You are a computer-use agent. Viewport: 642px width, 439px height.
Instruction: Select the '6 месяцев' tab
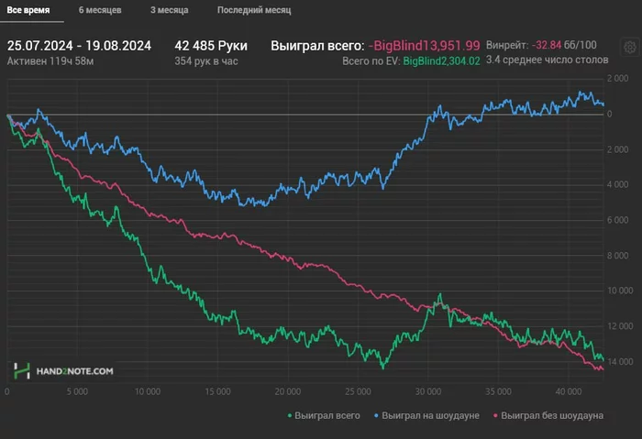pyautogui.click(x=100, y=11)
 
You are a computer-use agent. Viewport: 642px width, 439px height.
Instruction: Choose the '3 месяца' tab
pyautogui.click(x=170, y=11)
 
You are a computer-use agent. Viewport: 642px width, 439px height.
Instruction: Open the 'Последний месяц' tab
pyautogui.click(x=254, y=11)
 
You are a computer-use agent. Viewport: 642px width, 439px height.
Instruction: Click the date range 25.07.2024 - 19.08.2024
pyautogui.click(x=79, y=45)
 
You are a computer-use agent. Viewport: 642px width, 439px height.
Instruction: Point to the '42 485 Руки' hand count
pyautogui.click(x=211, y=45)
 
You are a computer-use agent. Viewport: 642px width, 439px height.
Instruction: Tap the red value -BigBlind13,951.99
pyautogui.click(x=423, y=45)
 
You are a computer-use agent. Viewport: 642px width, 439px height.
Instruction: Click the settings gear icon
pyautogui.click(x=630, y=47)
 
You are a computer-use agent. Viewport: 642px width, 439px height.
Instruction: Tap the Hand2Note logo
pyautogui.click(x=63, y=370)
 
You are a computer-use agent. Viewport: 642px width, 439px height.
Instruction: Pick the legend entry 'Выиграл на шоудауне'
pyautogui.click(x=428, y=415)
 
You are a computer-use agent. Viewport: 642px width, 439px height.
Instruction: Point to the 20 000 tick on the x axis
pyautogui.click(x=287, y=390)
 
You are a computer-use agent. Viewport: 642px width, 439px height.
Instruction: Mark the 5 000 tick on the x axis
pyautogui.click(x=76, y=390)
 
